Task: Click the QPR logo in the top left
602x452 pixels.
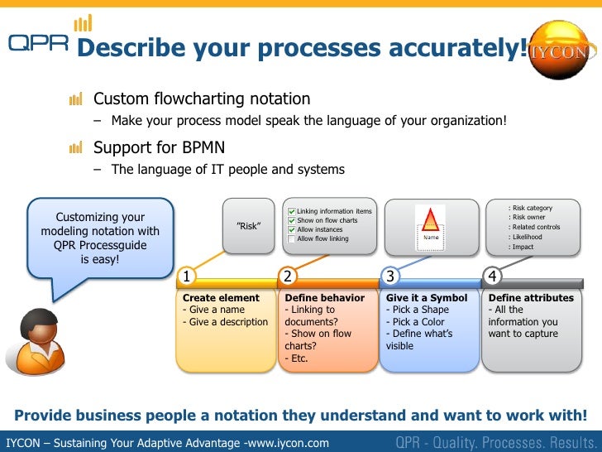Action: [x=37, y=43]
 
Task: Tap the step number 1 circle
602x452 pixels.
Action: [x=188, y=276]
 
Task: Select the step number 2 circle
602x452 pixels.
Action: [x=288, y=276]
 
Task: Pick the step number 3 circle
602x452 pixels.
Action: [x=389, y=276]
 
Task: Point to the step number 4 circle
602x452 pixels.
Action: [x=492, y=276]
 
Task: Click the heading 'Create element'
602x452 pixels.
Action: [x=221, y=298]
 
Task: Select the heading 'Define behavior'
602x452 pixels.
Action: [x=324, y=298]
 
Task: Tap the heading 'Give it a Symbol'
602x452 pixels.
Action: [x=427, y=298]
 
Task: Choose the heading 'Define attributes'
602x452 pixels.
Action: [x=531, y=298]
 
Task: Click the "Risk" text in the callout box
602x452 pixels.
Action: [x=249, y=226]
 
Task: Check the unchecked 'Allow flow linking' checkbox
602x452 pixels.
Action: [x=291, y=239]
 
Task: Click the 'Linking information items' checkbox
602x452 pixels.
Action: [x=291, y=212]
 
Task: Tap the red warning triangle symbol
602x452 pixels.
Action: [x=430, y=219]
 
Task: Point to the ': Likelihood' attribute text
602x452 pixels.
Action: [x=527, y=237]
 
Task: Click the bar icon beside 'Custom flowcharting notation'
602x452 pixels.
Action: [x=76, y=100]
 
